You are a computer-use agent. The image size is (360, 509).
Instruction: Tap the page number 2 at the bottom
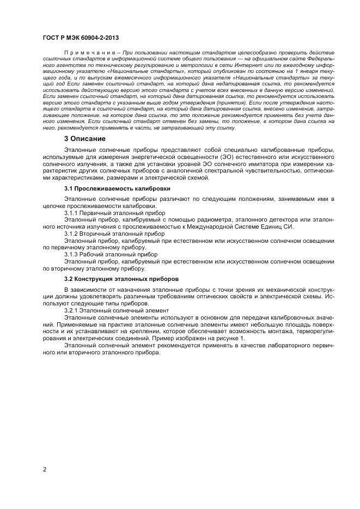(x=45, y=469)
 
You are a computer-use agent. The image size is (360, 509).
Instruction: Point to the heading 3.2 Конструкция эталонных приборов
(x=118, y=278)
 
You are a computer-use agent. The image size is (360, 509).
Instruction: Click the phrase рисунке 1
(x=232, y=338)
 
